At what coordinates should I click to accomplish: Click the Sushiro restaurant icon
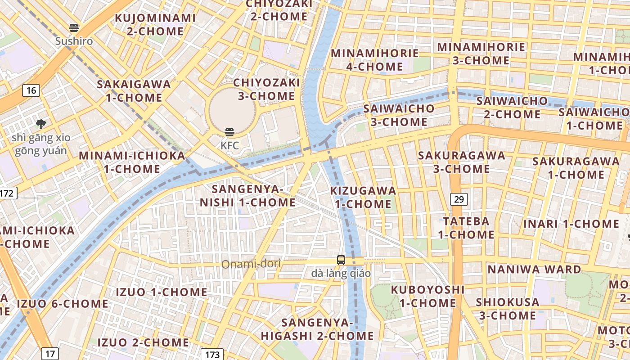[x=74, y=28]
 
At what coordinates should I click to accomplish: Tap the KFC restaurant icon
[x=229, y=132]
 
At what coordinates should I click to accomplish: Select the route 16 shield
[x=31, y=90]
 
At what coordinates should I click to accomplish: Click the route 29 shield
[x=459, y=199]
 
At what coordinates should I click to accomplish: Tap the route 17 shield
[x=49, y=353]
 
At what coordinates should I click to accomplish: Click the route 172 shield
[x=7, y=193]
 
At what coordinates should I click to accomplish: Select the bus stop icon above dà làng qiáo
[x=341, y=260]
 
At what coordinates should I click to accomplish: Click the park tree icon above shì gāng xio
[x=41, y=123]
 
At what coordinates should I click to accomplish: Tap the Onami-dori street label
[x=251, y=264]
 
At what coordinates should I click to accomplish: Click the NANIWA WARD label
[x=534, y=270]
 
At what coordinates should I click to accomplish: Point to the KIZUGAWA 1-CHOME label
[x=363, y=197]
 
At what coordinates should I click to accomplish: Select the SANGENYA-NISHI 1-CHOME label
[x=247, y=196]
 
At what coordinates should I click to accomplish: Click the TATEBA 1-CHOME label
[x=466, y=228]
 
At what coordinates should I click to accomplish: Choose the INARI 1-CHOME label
[x=571, y=224]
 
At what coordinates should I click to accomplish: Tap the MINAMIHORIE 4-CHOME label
[x=374, y=60]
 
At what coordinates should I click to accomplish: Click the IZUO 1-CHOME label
[x=162, y=292]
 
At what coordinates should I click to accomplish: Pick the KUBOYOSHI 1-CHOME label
[x=427, y=296]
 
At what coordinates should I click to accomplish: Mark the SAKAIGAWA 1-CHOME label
[x=134, y=91]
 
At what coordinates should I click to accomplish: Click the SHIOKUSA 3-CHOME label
[x=507, y=308]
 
